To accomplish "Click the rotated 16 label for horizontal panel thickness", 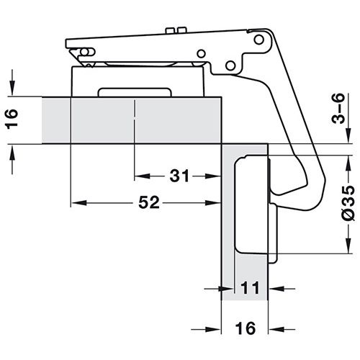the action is (12, 119).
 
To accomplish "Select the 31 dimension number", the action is (179, 176).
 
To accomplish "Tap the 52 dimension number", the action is (149, 203).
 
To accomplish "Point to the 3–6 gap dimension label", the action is (338, 109).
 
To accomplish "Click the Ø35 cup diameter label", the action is (348, 203).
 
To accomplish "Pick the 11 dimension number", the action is (251, 287).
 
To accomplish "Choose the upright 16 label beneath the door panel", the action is (246, 328).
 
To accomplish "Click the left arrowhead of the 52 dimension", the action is (78, 203).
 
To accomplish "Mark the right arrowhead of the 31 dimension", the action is (213, 176).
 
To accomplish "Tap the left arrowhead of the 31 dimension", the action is (142, 176).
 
